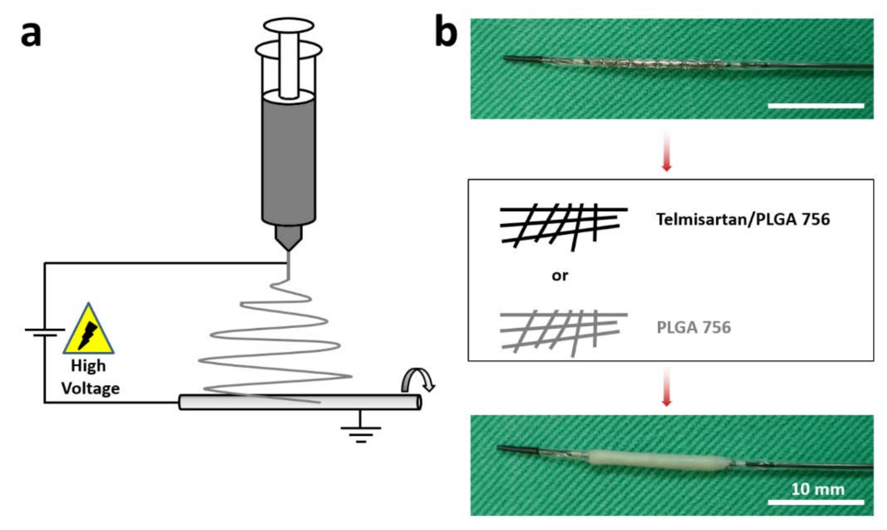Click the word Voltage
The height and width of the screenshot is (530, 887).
[x=90, y=389]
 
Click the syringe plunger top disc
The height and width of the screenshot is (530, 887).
[x=289, y=25]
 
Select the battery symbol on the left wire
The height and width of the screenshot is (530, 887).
[x=45, y=332]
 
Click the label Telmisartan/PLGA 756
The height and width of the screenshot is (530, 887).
[x=743, y=219]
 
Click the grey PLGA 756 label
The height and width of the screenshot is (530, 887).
[x=694, y=327]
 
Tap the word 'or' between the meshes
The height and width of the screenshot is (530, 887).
[x=560, y=276]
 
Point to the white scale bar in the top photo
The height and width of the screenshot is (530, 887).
[x=816, y=106]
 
